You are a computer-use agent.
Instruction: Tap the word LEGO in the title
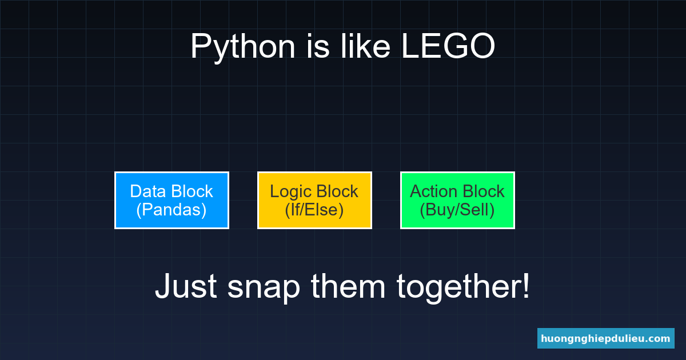[x=448, y=47]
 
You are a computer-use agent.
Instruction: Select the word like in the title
[x=365, y=47]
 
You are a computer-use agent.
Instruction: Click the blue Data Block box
[x=171, y=200]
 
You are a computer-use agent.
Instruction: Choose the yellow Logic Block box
[x=314, y=200]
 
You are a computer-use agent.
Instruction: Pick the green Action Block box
[x=457, y=200]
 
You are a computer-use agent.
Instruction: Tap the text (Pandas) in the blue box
[x=171, y=210]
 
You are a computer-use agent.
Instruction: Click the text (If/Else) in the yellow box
[x=314, y=210]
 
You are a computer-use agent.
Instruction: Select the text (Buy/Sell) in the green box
[x=457, y=210]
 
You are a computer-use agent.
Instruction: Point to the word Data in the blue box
[x=147, y=191]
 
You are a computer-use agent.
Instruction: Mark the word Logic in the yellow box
[x=290, y=191]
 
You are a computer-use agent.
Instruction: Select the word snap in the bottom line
[x=264, y=287]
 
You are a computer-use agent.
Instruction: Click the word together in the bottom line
[x=458, y=287]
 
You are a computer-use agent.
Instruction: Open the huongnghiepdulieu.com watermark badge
[x=605, y=338]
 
